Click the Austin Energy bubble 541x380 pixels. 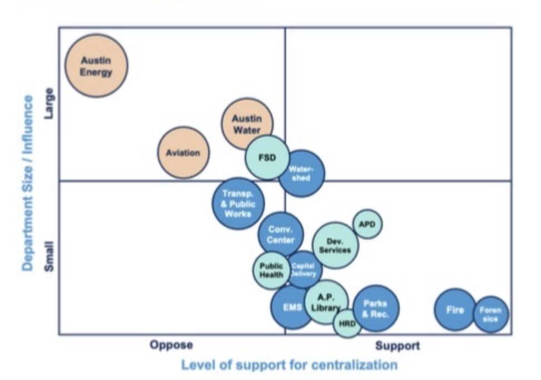pos(96,66)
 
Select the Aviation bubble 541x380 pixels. pos(183,153)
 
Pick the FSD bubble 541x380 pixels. pos(267,157)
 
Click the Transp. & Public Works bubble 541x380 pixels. pos(238,203)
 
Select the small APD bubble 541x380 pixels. pos(368,224)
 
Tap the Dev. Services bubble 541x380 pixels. pos(335,246)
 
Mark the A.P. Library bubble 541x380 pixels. pos(326,302)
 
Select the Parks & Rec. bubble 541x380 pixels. pos(376,308)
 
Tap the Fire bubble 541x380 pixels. pos(455,310)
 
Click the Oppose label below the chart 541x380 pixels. pos(171,345)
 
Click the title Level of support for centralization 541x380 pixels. pos(289,366)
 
